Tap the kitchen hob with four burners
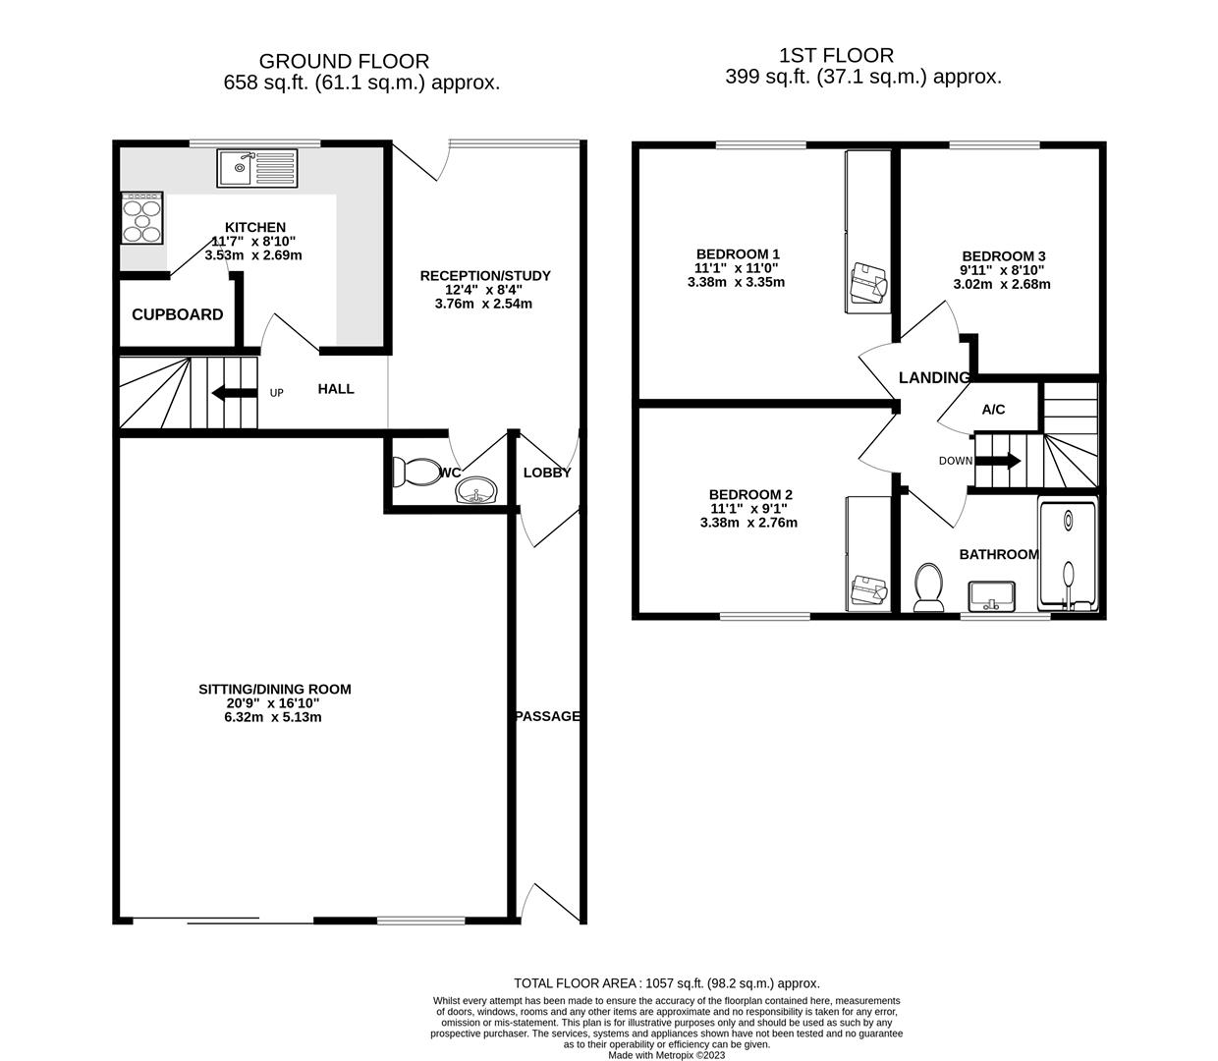click(141, 217)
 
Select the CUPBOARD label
click(178, 314)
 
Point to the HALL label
click(336, 389)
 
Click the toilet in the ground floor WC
click(415, 473)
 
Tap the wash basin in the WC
click(478, 489)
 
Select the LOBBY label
click(547, 473)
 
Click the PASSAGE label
click(548, 716)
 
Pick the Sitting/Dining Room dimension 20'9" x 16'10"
click(274, 703)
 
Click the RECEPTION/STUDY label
click(485, 276)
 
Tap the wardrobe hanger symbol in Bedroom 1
click(868, 282)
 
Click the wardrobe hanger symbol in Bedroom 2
click(869, 588)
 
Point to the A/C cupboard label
click(994, 410)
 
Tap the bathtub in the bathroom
click(1069, 555)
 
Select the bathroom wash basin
click(991, 595)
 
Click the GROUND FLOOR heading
click(344, 62)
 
